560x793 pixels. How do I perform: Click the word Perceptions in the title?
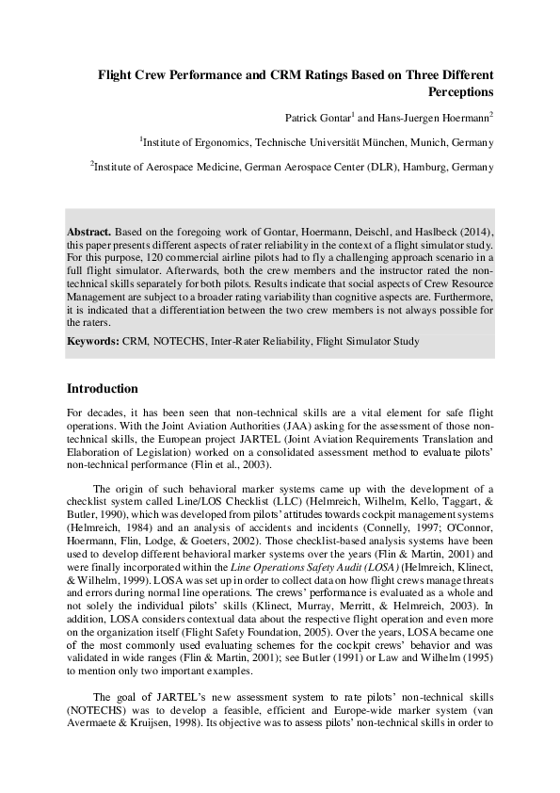tap(460, 93)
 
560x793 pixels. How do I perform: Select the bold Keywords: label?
tap(92, 341)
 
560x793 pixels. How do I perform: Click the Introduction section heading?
tap(103, 388)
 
